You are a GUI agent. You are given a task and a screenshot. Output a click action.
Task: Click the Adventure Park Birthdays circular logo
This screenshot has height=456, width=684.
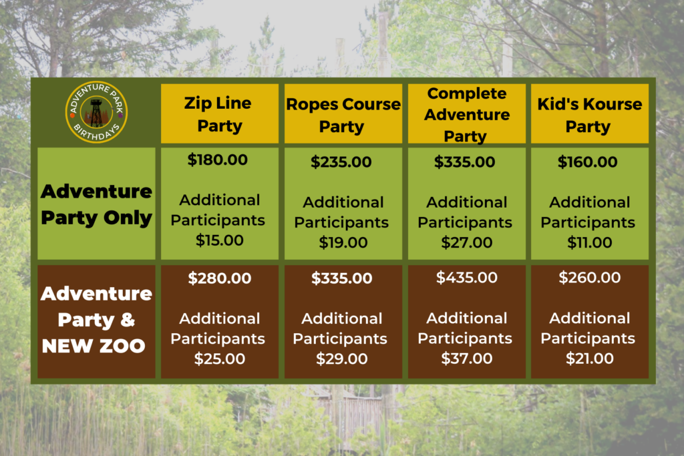pos(96,112)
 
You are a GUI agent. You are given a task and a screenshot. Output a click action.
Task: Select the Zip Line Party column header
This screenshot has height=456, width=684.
pos(219,114)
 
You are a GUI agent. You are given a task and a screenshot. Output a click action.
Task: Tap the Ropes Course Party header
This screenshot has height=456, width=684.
pos(343,115)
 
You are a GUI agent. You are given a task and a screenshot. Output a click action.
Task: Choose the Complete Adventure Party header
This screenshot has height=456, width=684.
pos(466,114)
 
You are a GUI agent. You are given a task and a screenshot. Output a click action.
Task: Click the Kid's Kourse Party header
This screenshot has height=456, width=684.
pos(589,115)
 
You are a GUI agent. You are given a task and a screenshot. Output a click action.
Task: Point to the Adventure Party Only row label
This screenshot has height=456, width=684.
pos(96,204)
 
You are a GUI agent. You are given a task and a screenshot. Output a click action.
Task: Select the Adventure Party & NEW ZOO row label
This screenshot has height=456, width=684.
pos(96,320)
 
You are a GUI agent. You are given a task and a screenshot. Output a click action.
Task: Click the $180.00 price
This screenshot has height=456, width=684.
pos(217,160)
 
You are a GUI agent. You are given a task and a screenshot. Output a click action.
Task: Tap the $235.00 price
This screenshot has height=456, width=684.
pos(341,162)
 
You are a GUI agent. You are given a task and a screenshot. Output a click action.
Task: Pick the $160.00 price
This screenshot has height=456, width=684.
pos(587,162)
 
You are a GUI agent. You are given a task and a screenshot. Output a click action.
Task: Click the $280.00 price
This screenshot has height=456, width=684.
pos(219,278)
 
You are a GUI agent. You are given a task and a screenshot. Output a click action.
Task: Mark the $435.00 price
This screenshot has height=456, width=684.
pos(466,277)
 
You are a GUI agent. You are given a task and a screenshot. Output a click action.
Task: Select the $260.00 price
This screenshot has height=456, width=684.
pos(589,277)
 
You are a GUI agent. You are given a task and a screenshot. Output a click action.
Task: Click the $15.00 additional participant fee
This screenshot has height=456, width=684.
pos(219,240)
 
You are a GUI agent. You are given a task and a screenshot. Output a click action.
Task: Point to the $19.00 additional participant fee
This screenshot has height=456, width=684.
pos(343,242)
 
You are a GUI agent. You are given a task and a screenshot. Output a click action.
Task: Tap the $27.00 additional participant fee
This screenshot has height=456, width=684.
pos(466,242)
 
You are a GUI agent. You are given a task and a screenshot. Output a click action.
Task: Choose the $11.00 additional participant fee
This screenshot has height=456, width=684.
pos(589,242)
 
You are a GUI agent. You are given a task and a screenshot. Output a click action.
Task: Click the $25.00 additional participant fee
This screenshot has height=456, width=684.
pos(219,359)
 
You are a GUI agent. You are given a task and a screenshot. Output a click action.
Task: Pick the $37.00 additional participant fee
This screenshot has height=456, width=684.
pos(466,359)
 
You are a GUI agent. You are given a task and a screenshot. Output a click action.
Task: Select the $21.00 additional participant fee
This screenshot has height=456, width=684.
pos(589,359)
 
